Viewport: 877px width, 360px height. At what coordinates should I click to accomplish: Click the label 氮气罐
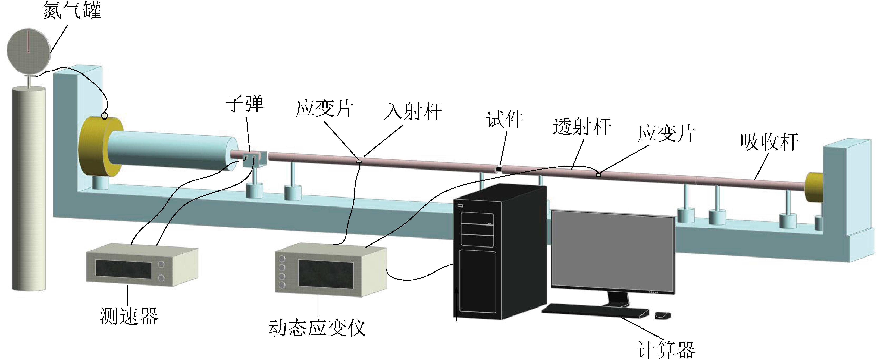pos(72,10)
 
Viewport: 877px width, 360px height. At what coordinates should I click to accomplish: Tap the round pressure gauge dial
pos(29,51)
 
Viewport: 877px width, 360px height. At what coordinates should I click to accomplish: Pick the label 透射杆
pos(582,127)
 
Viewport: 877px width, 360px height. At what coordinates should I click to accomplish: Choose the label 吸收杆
pos(769,142)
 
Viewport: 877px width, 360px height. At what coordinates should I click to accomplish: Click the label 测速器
pos(129,316)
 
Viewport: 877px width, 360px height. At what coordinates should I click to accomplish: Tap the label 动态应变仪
pos(317,328)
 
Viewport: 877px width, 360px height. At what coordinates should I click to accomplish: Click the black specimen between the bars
pos(499,169)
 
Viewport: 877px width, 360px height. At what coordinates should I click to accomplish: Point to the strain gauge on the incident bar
pos(359,162)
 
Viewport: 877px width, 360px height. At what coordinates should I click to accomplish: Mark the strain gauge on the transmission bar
pos(599,175)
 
